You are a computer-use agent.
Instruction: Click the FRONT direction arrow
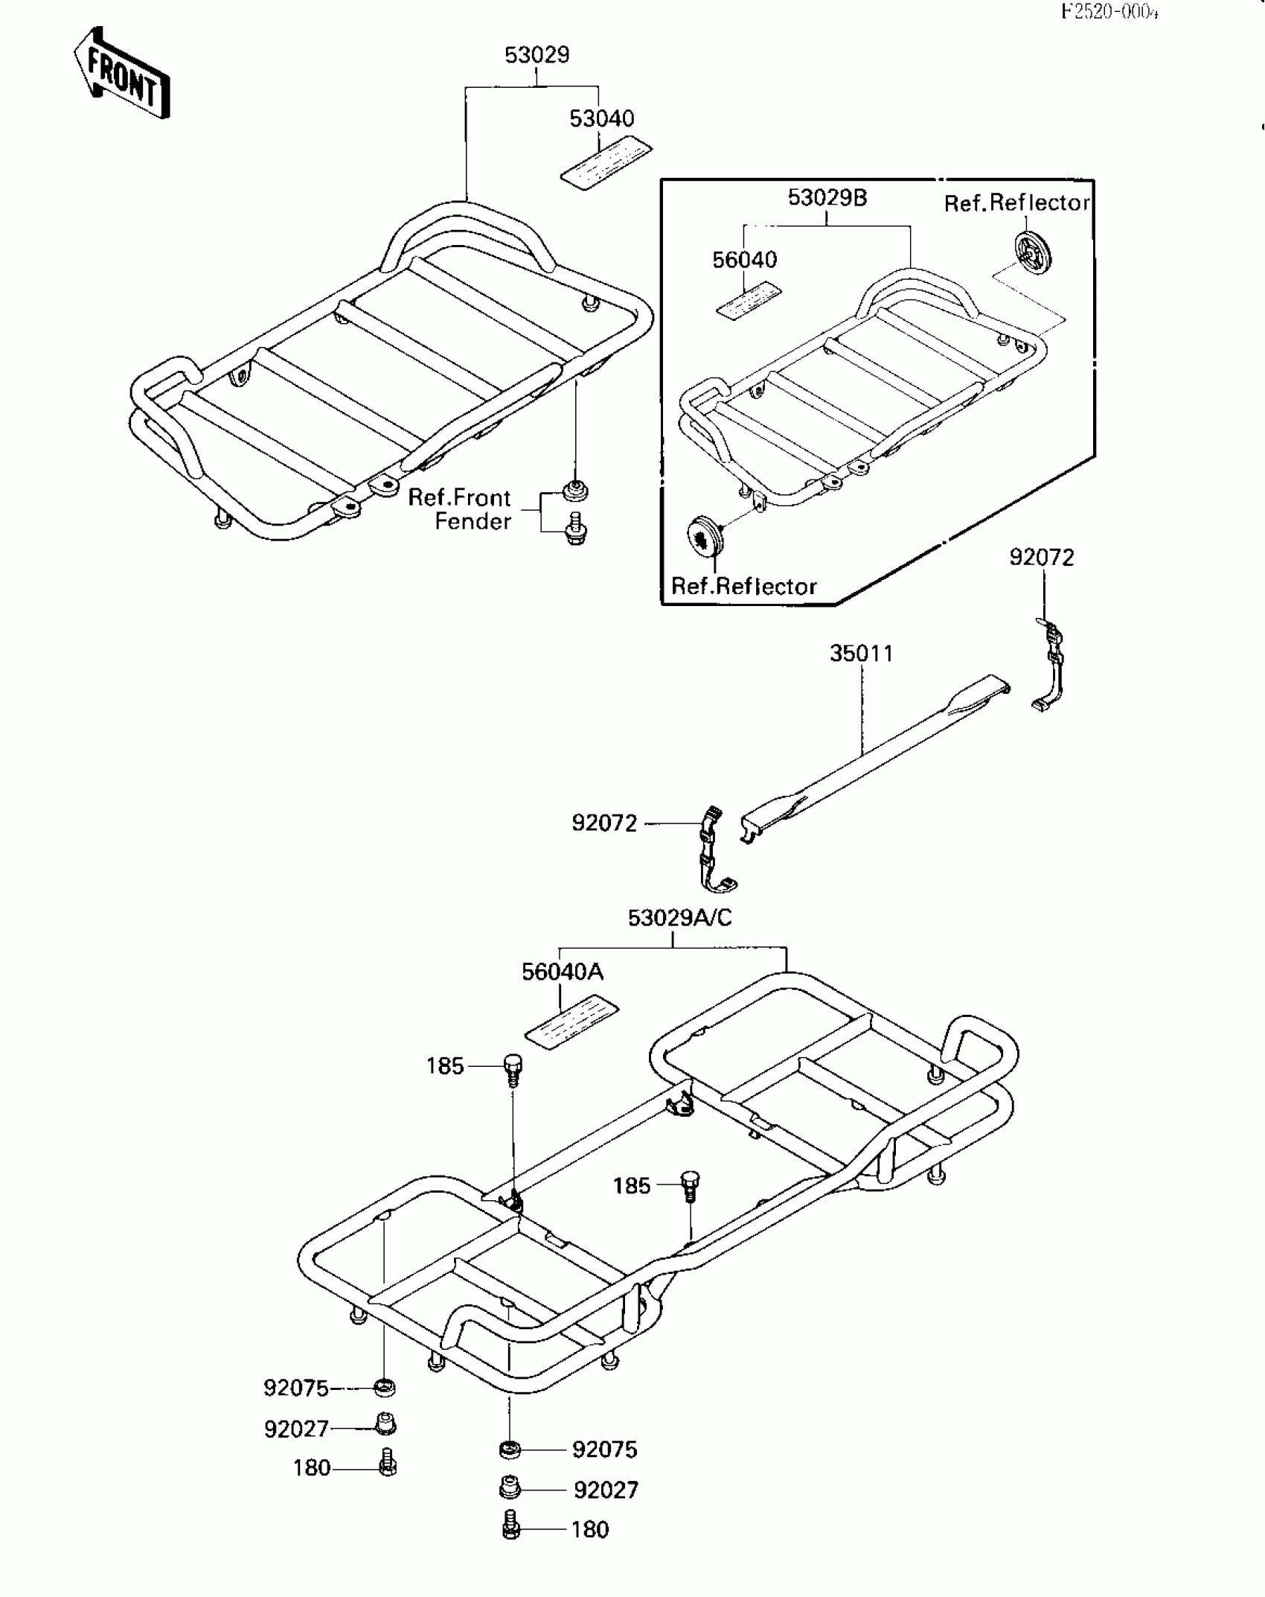[122, 74]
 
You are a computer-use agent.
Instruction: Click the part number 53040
[601, 119]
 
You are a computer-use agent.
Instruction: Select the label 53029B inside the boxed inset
[827, 198]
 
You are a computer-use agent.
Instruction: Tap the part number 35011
[861, 654]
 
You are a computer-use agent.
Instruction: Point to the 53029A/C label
[679, 918]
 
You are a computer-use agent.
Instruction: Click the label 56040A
[562, 972]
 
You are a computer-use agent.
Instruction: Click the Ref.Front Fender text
[460, 509]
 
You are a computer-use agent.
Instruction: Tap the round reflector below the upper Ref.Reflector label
[1033, 252]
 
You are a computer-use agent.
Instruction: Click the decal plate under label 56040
[748, 300]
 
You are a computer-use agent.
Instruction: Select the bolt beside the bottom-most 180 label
[511, 1529]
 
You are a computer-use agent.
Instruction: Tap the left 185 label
[445, 1066]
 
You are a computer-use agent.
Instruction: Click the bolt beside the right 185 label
[690, 1184]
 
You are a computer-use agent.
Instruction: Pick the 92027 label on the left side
[296, 1429]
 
